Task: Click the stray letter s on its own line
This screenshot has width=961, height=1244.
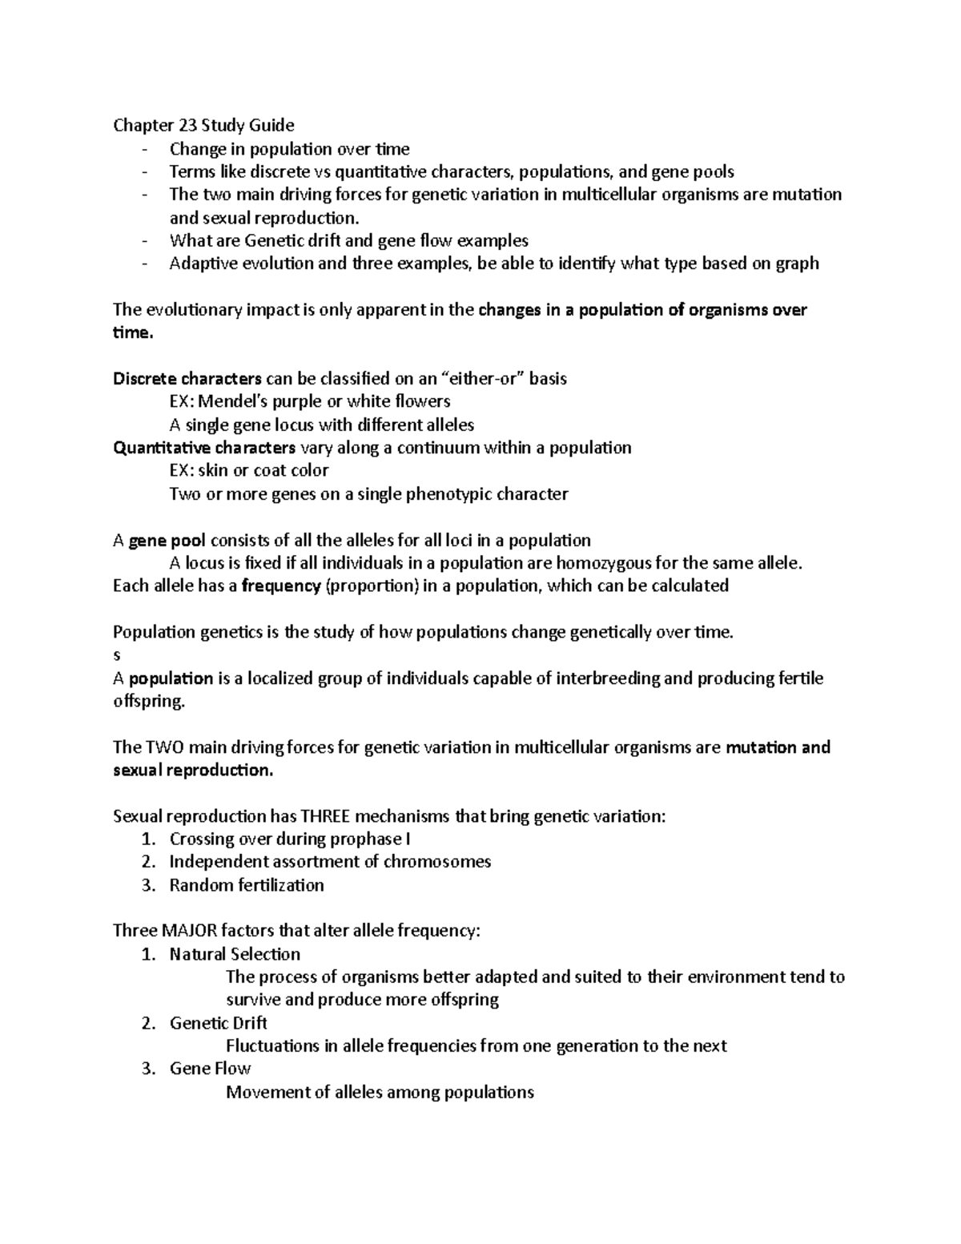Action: [x=117, y=654]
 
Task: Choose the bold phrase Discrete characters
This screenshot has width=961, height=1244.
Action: [x=187, y=378]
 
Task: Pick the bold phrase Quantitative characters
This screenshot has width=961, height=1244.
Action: [x=204, y=447]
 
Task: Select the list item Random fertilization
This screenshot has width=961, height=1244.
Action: [x=247, y=885]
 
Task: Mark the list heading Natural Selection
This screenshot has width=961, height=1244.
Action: [x=235, y=954]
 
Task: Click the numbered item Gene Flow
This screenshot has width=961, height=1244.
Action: [x=210, y=1069]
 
